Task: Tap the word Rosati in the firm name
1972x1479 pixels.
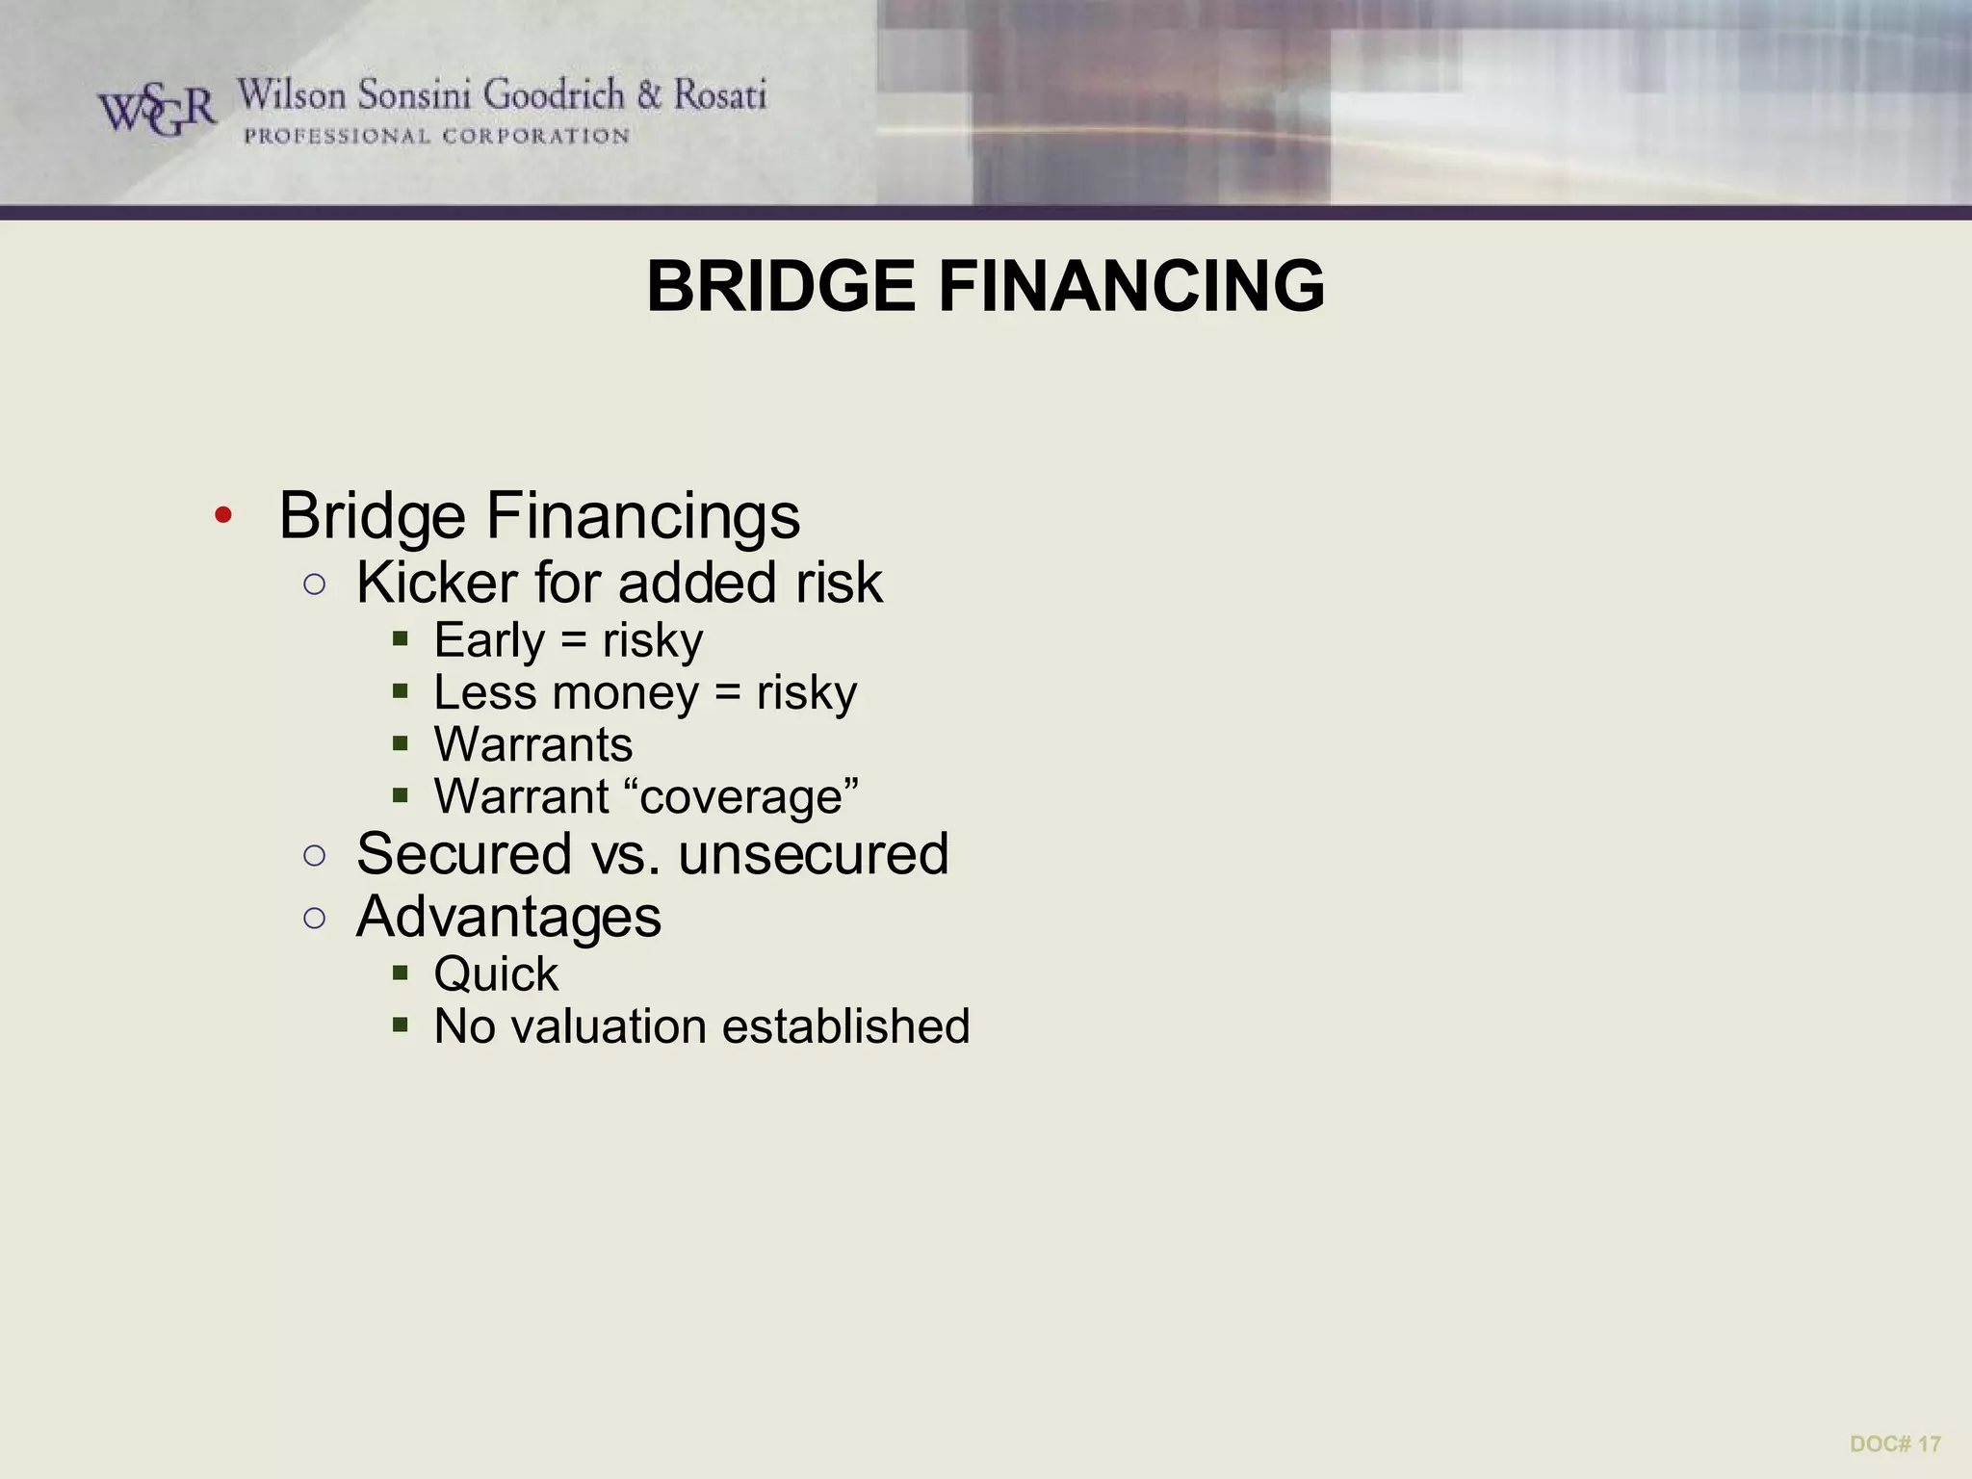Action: (719, 95)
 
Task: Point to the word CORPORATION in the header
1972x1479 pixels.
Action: (535, 137)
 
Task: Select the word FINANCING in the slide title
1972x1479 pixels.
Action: (1131, 287)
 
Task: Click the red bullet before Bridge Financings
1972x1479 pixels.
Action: (223, 516)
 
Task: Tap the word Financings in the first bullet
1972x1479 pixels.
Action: (642, 516)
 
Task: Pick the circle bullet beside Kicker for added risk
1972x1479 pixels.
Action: (314, 584)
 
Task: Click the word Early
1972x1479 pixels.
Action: (489, 641)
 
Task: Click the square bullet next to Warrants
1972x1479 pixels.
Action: (401, 744)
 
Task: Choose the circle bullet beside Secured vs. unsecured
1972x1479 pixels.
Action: (314, 855)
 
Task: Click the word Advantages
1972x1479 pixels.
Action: (508, 917)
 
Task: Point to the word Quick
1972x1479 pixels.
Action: (496, 974)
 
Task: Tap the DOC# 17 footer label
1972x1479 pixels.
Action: (1895, 1443)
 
